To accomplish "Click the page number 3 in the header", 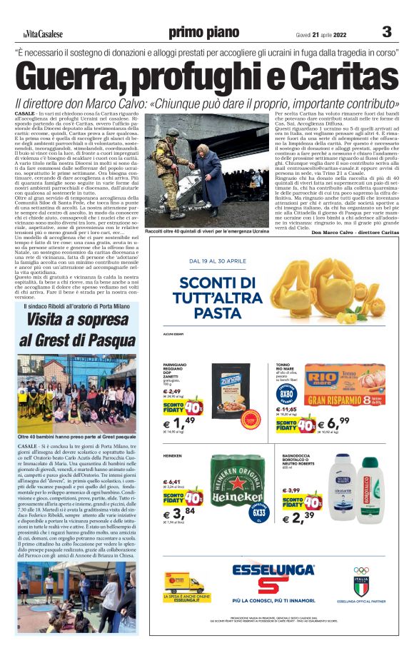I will pos(387,31).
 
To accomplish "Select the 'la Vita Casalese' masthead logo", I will pos(42,34).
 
